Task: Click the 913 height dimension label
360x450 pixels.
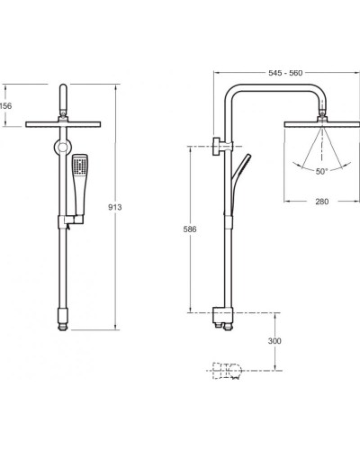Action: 115,207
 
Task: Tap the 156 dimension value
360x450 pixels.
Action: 6,106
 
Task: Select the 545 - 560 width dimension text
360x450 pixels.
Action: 285,73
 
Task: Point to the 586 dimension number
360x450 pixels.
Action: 190,229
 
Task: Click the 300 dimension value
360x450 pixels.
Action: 274,341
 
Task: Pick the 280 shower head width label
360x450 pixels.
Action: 322,202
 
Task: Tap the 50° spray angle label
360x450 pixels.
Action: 321,172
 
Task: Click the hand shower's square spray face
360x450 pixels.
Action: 80,165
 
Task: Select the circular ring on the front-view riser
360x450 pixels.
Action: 63,148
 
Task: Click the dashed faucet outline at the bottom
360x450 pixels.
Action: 227,371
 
